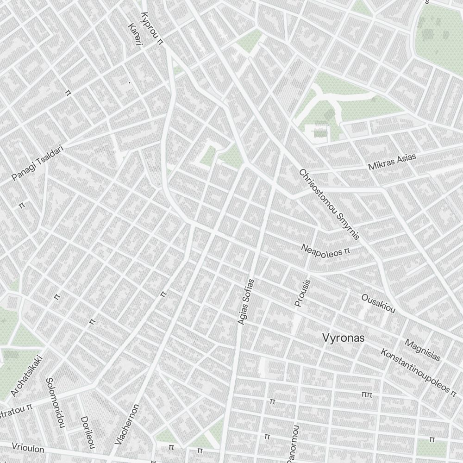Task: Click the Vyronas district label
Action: (343, 338)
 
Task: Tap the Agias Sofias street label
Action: (246, 301)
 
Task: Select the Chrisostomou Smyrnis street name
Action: (329, 204)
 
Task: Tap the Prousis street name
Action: (303, 292)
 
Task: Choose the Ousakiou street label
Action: (378, 303)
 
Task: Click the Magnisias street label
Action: (422, 350)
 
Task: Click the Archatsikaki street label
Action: (27, 375)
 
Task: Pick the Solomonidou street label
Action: (55, 402)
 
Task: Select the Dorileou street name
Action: (88, 432)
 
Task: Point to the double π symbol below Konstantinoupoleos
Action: (367, 394)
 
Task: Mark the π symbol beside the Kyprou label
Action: (160, 41)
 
